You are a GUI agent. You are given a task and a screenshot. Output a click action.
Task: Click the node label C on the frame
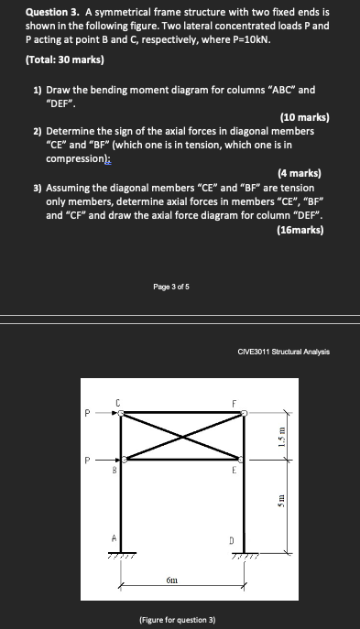pos(118,401)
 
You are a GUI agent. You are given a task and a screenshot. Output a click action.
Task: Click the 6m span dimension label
pos(172,580)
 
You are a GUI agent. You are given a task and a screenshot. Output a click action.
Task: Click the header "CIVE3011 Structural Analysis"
pos(283,351)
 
